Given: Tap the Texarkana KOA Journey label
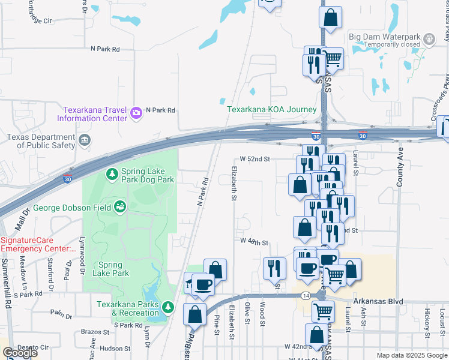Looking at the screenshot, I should [x=271, y=110].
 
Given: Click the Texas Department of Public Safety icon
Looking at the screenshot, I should [x=85, y=142].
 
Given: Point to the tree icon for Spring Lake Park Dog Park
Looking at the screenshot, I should [x=112, y=174].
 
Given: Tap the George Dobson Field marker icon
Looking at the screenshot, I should [x=120, y=208].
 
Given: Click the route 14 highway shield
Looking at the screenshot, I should [x=306, y=296].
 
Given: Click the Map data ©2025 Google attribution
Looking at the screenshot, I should [x=412, y=355].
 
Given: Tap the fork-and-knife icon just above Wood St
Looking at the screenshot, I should [x=274, y=268].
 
